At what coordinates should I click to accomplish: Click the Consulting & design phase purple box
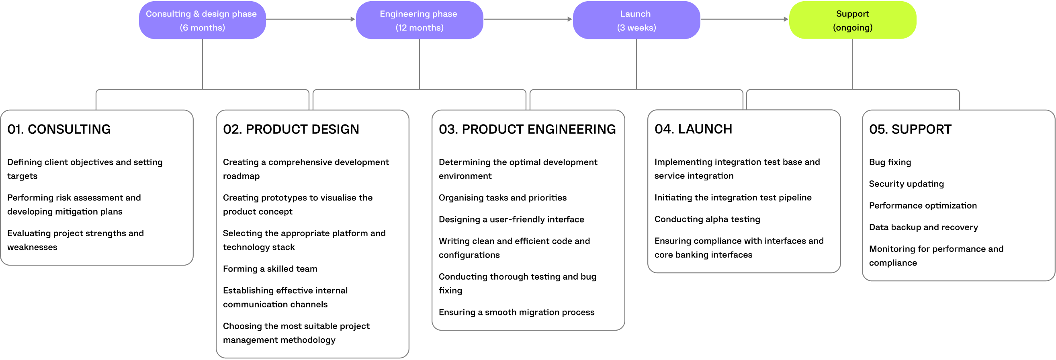(202, 20)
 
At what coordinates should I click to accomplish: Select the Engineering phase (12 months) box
(419, 20)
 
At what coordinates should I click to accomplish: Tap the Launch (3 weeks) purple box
(636, 20)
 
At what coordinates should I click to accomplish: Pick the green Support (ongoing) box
(852, 20)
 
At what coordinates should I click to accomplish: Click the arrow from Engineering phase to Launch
(528, 19)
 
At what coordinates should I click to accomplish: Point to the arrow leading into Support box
(744, 19)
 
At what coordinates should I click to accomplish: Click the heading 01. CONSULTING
(59, 129)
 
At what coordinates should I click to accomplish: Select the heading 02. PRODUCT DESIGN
(291, 129)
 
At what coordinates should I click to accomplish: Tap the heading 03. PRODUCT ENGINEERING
(527, 129)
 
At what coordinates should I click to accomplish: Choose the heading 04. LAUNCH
(693, 129)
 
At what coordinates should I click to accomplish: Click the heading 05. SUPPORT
(910, 129)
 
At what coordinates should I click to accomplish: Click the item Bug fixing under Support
(890, 162)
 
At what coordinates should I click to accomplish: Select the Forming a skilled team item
(270, 268)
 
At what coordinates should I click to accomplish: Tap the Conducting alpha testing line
(707, 219)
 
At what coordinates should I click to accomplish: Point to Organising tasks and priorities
(502, 198)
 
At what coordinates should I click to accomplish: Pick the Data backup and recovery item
(923, 227)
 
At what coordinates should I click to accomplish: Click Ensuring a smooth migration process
(516, 312)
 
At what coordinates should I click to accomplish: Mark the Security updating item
(906, 184)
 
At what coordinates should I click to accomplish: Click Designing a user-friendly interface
(511, 219)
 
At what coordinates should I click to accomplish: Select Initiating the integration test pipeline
(733, 197)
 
